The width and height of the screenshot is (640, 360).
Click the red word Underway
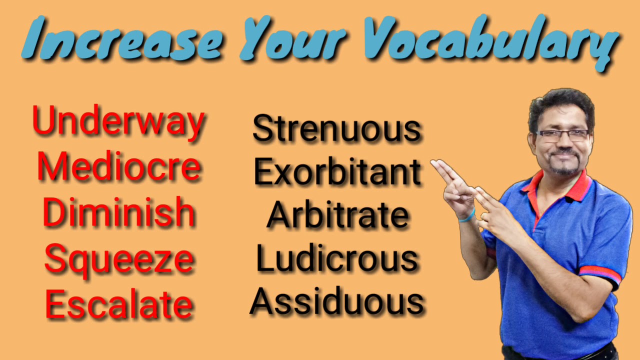click(x=118, y=121)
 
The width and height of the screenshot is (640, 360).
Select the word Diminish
click(x=118, y=212)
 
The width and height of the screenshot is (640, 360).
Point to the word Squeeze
click(x=119, y=258)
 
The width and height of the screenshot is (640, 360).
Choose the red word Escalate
click(x=119, y=304)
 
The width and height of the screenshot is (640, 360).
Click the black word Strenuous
click(x=337, y=129)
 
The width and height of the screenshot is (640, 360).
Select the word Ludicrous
click(x=337, y=258)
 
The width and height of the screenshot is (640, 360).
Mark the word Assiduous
click(x=337, y=301)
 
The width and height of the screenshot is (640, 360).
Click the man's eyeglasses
click(x=562, y=135)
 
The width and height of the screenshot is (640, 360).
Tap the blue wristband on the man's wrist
click(x=467, y=215)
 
